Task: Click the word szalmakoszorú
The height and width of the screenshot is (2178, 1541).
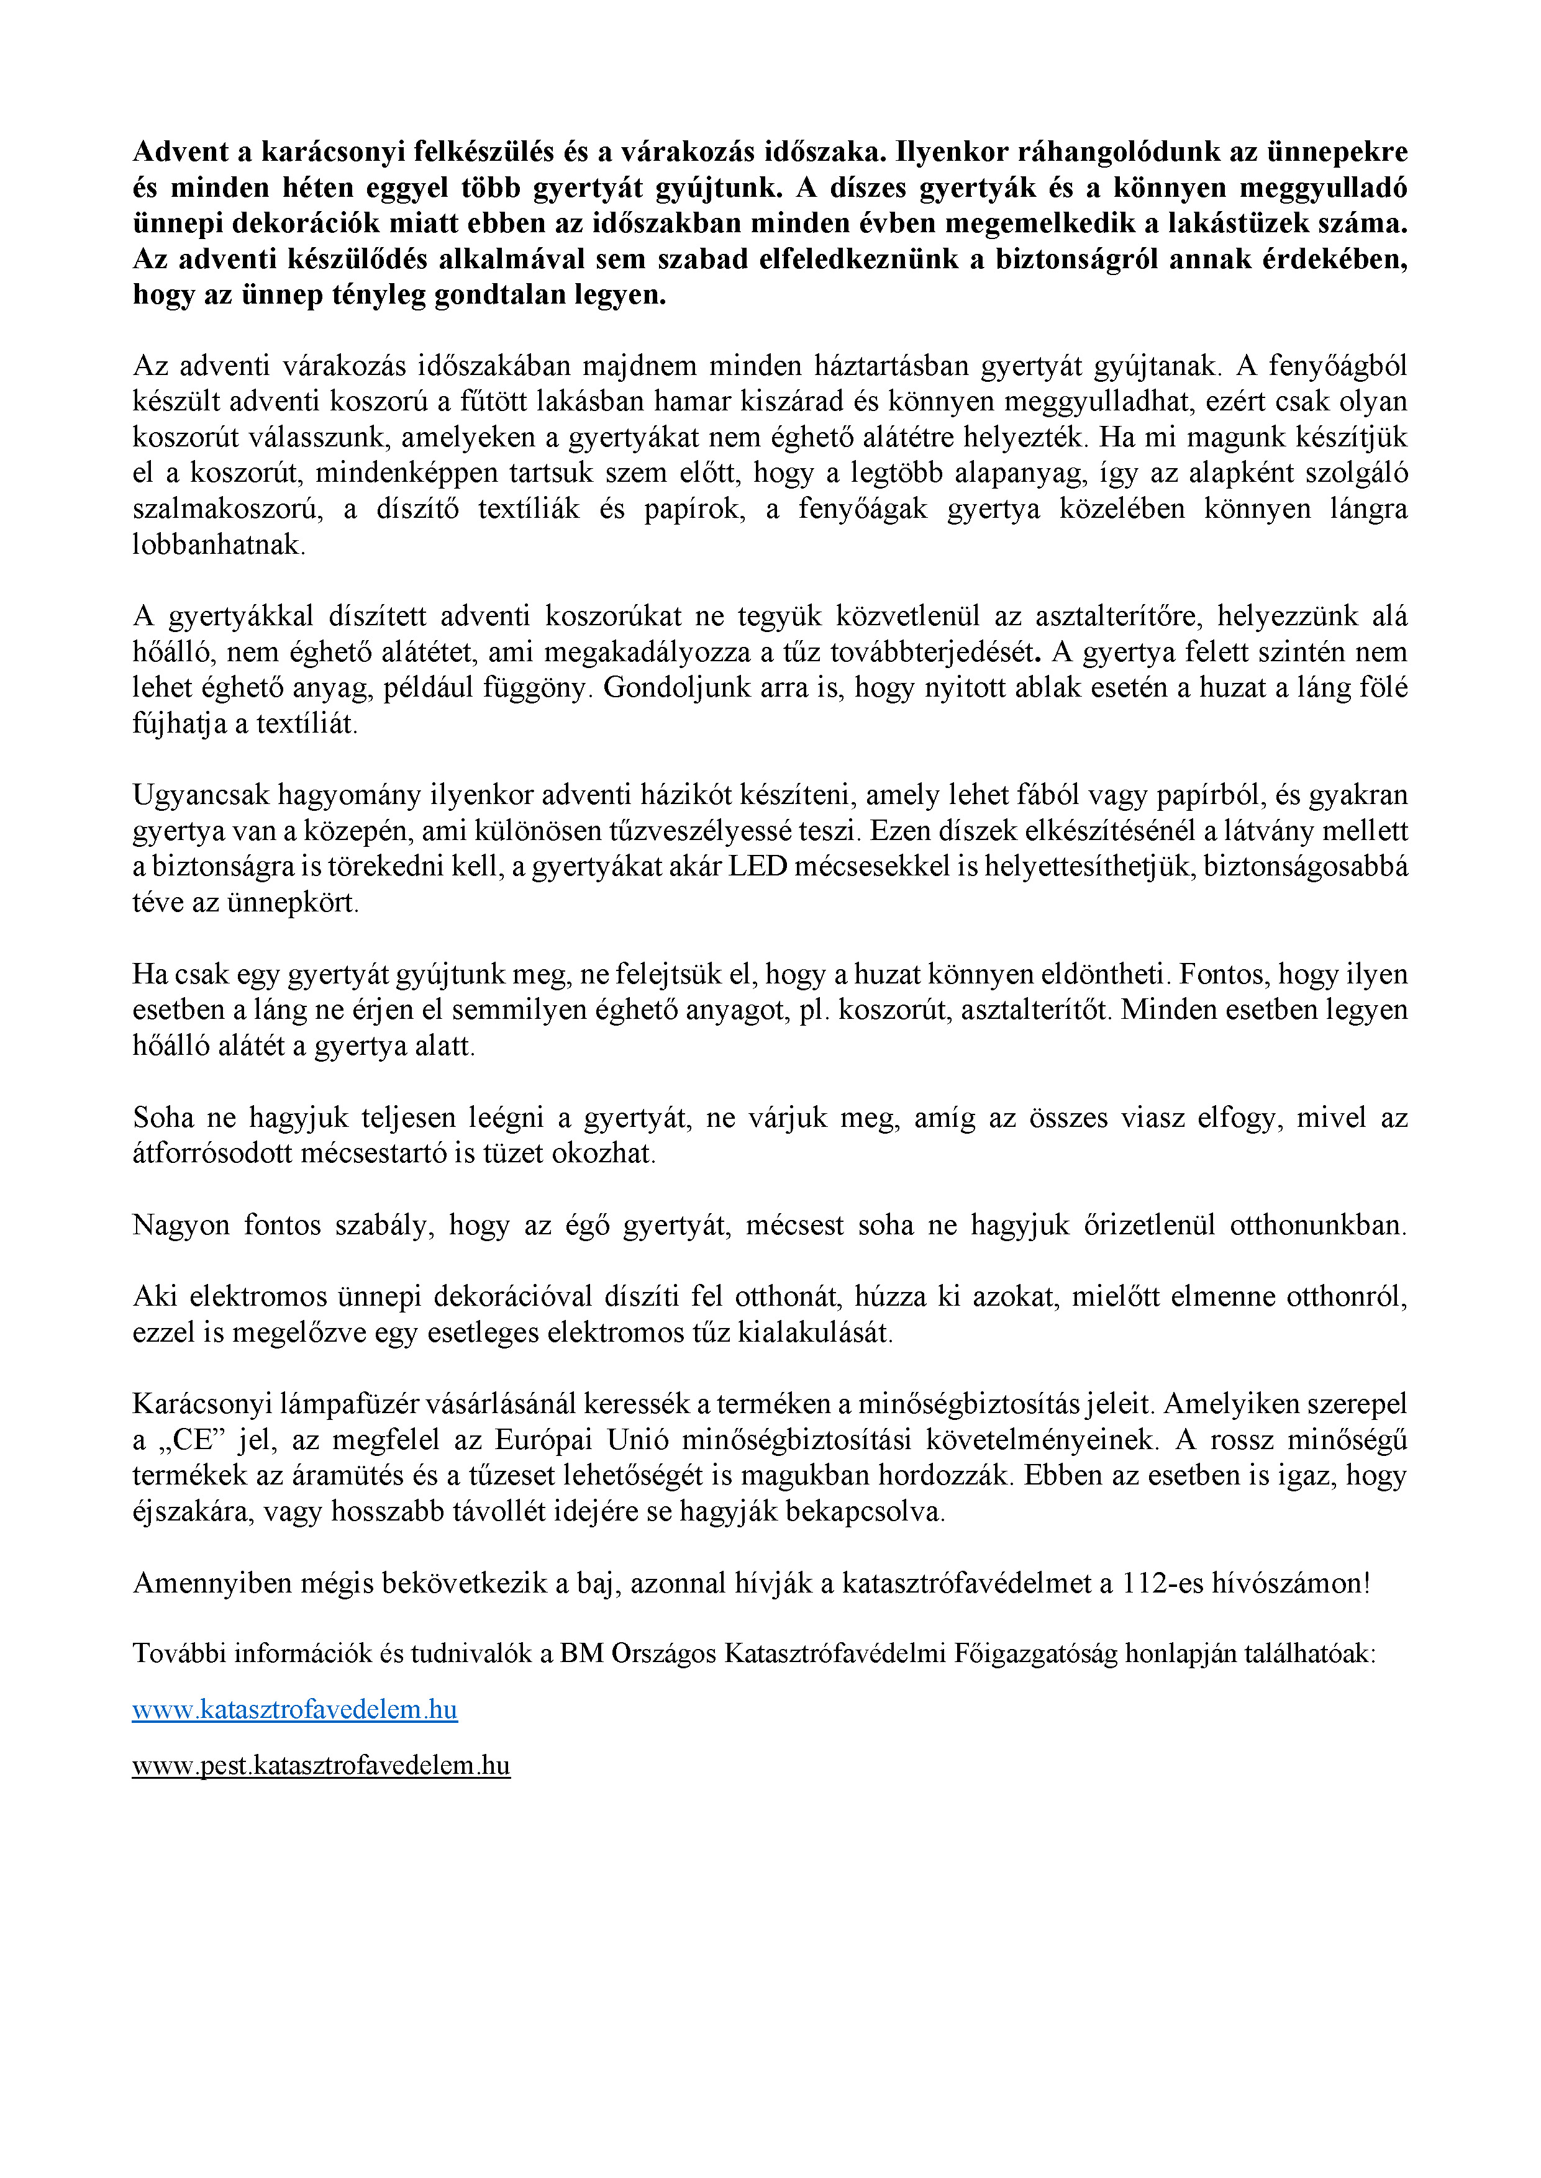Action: (x=228, y=509)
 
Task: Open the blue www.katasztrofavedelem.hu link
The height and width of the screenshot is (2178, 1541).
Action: (x=294, y=1709)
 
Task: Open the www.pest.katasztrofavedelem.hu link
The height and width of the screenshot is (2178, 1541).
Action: (x=320, y=1765)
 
